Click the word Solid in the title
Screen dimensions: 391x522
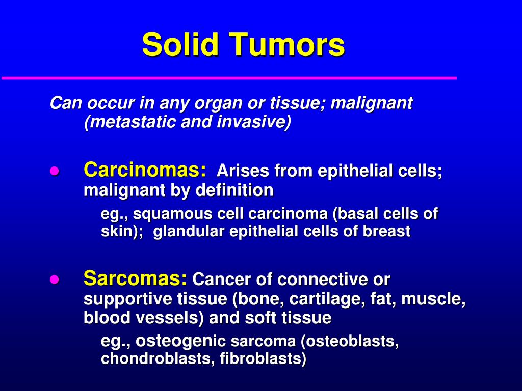click(x=180, y=45)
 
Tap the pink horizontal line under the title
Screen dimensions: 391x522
click(x=229, y=78)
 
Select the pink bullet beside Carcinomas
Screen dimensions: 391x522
click(x=55, y=171)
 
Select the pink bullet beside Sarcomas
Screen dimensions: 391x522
click(x=55, y=280)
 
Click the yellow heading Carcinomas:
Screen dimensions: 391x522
click(x=145, y=170)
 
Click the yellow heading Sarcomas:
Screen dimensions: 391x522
click(x=135, y=278)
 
